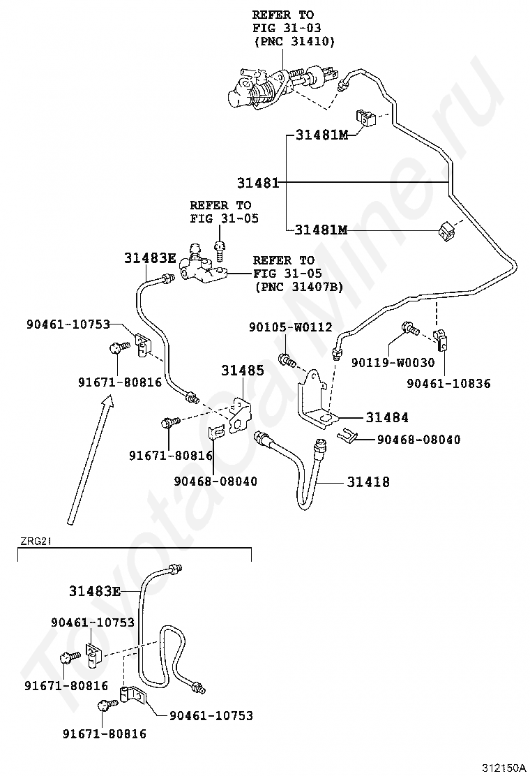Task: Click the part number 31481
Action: point(257,183)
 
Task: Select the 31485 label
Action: point(243,370)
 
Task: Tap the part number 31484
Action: point(387,417)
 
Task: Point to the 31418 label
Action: point(368,482)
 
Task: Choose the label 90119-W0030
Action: point(393,362)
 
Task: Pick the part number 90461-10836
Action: point(449,383)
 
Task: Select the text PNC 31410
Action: point(294,42)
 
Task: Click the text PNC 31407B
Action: point(299,286)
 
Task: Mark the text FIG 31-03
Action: point(283,28)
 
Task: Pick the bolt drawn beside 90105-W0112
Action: point(287,360)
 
